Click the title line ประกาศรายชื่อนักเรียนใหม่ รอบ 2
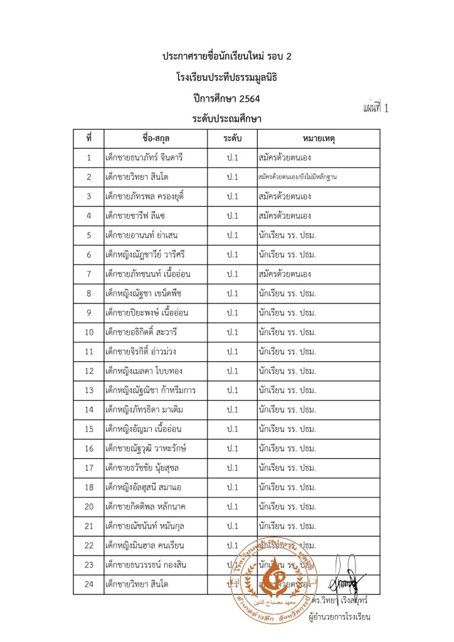tap(227, 57)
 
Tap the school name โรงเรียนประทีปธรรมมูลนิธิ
tap(227, 78)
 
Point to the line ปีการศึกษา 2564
tap(227, 98)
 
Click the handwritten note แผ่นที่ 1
tap(376, 107)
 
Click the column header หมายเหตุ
tap(319, 138)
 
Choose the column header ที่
tap(89, 138)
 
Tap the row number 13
tap(89, 391)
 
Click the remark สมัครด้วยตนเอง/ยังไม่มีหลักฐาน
tap(298, 177)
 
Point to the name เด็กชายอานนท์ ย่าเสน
tap(142, 235)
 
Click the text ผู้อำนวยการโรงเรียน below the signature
tap(339, 617)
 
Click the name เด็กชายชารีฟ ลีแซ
tap(135, 216)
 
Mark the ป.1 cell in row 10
tap(233, 332)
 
